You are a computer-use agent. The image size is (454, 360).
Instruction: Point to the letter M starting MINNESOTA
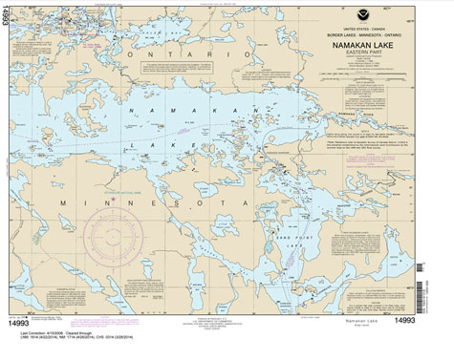61,204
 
